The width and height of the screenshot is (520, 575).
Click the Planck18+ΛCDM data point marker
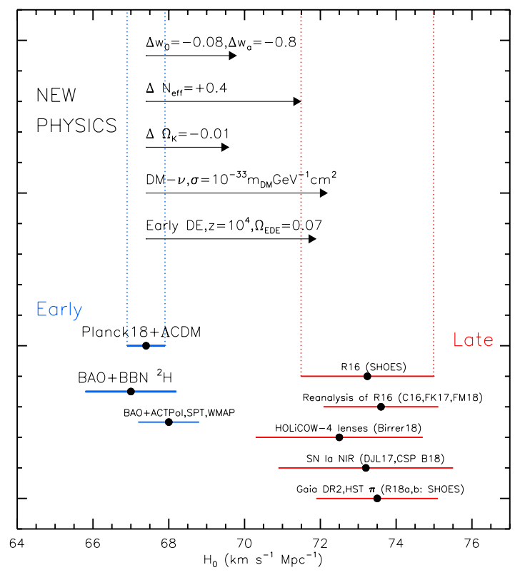[x=146, y=345]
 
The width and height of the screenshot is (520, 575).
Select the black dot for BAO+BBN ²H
[x=131, y=392]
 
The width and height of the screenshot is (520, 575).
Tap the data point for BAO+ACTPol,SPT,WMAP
[x=169, y=422]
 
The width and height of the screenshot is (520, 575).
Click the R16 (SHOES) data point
[x=367, y=376]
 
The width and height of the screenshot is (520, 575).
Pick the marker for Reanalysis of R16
[x=381, y=407]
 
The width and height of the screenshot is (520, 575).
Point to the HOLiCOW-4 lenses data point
[x=339, y=437]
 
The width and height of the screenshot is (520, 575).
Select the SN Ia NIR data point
[x=366, y=468]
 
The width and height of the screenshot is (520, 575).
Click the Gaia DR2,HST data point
[x=377, y=499]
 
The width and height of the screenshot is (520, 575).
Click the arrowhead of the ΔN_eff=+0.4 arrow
[x=297, y=101]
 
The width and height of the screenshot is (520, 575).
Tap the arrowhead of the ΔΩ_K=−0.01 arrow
[x=225, y=147]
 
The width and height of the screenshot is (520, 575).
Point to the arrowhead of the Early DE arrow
[x=311, y=238]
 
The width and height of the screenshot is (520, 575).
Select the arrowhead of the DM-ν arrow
[x=324, y=193]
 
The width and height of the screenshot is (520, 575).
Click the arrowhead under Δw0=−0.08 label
[x=232, y=56]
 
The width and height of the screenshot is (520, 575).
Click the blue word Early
[x=59, y=310]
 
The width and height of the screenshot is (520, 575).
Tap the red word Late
[x=474, y=340]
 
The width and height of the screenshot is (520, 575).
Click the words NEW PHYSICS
[x=76, y=111]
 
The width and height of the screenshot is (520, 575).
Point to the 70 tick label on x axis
[x=244, y=544]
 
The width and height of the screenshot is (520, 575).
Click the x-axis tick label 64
[x=17, y=544]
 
